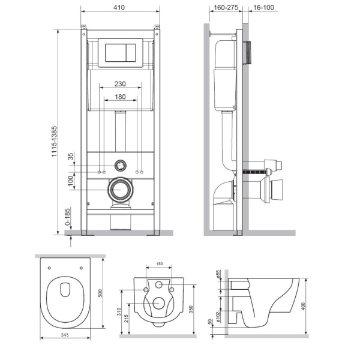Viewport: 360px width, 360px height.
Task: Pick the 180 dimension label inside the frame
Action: (x=121, y=97)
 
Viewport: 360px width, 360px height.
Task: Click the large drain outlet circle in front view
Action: (x=121, y=191)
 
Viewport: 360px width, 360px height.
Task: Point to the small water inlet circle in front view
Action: (x=121, y=163)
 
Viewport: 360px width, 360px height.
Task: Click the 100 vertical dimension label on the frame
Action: (x=70, y=179)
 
